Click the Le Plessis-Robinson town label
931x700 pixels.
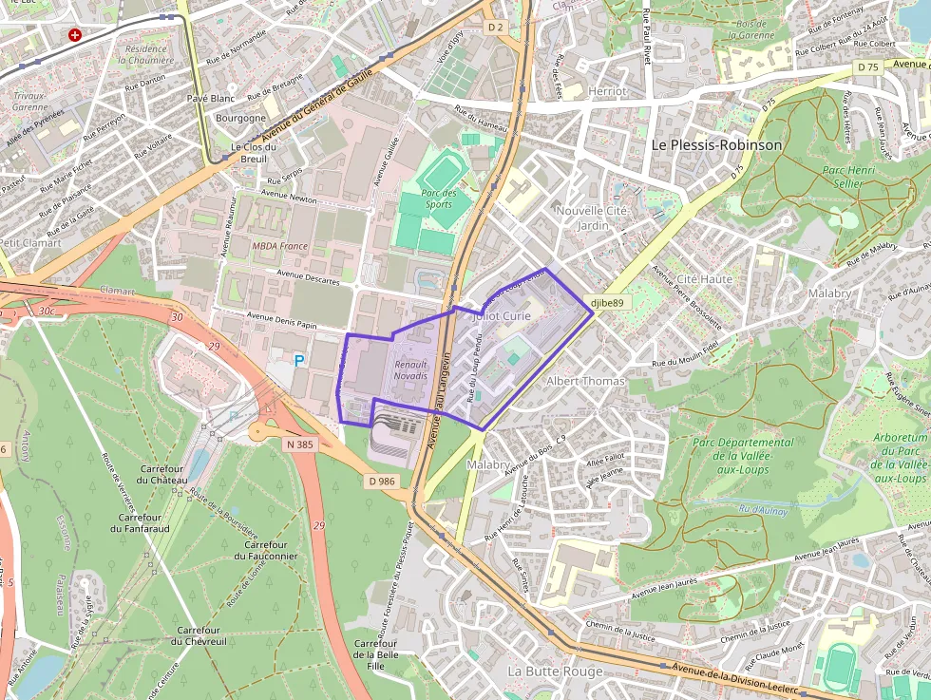tap(716, 145)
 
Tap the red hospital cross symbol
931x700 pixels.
tap(74, 35)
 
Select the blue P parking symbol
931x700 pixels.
tap(299, 361)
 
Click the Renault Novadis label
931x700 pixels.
tap(411, 369)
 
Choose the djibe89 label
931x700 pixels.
tap(607, 303)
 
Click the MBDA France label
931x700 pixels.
tap(279, 246)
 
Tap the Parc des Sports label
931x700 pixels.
tap(438, 199)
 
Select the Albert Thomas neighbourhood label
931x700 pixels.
tap(586, 381)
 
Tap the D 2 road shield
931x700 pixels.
tap(495, 28)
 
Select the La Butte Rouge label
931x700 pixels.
tap(555, 672)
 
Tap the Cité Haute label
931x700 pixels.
tap(704, 279)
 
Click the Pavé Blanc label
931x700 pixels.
tap(211, 98)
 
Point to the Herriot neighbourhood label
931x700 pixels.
tap(608, 91)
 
